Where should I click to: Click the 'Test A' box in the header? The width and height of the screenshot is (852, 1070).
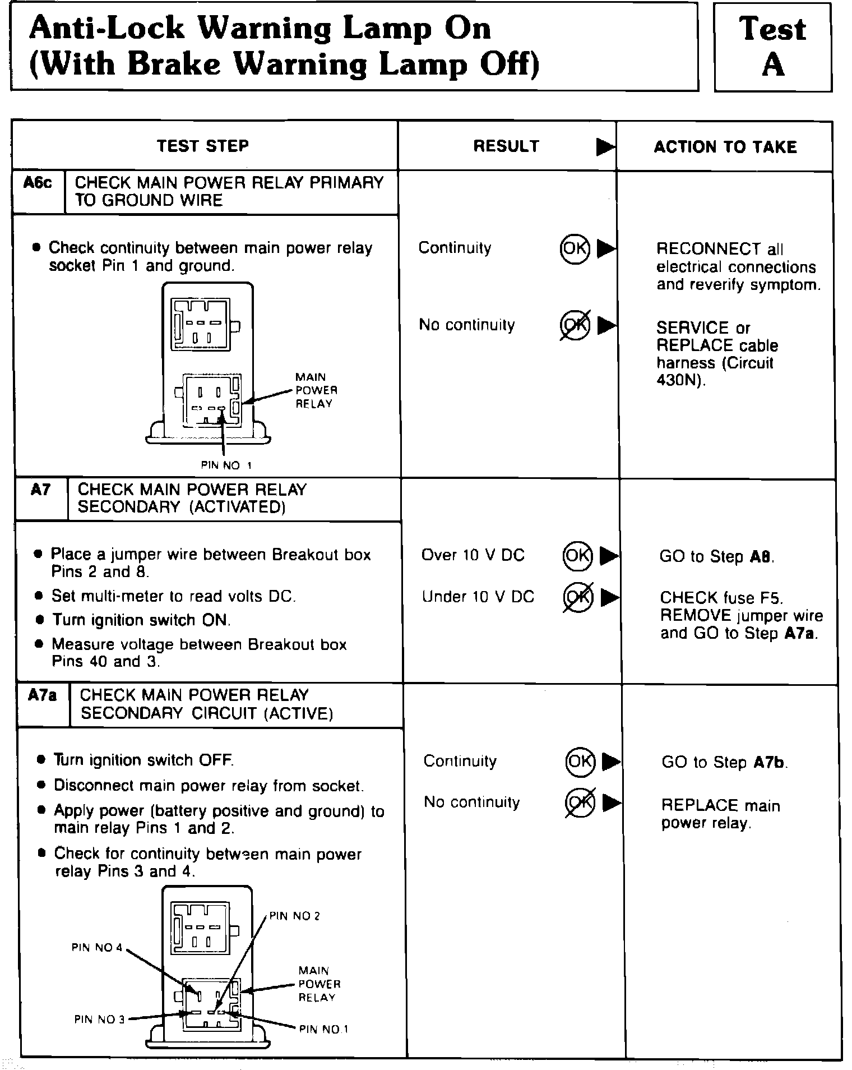tap(772, 47)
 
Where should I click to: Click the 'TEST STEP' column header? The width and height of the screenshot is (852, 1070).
tap(202, 146)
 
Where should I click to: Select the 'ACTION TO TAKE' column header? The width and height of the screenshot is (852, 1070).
tap(725, 147)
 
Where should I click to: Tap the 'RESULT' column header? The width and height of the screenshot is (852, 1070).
tap(506, 146)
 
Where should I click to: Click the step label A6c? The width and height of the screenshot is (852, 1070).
tap(38, 183)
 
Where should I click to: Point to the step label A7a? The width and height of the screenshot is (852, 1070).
tap(42, 695)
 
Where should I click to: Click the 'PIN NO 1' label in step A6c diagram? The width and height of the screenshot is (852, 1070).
tap(226, 465)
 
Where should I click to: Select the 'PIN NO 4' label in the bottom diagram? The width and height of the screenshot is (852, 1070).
tap(96, 947)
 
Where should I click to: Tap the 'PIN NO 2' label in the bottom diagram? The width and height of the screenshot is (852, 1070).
tap(294, 916)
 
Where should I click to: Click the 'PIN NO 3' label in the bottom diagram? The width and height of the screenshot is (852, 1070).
tap(99, 1019)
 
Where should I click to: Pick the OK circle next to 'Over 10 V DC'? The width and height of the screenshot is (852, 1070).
tap(577, 555)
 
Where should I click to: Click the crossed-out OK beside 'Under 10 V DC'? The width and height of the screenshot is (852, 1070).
tap(577, 597)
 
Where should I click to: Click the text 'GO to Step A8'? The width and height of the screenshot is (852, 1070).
tap(716, 557)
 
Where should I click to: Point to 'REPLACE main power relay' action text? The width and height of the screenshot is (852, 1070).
tap(720, 814)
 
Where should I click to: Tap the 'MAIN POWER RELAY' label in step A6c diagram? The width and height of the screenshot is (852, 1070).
tap(316, 390)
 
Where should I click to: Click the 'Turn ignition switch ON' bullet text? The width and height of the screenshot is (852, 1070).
tap(141, 620)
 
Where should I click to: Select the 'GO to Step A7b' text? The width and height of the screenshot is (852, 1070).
tap(724, 762)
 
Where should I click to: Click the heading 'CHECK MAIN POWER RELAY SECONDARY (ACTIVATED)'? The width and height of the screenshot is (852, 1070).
tap(192, 498)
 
